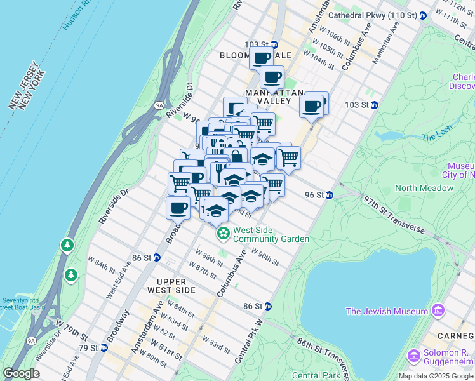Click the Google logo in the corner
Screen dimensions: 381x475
21,373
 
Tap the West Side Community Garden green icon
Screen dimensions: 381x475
223,234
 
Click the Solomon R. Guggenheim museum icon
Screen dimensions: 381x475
414,354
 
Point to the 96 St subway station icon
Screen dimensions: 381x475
330,195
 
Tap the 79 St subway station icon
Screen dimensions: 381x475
104,347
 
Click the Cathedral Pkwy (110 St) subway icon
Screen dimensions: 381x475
422,15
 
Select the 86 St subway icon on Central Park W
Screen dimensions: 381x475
267,306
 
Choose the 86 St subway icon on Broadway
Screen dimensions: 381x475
157,258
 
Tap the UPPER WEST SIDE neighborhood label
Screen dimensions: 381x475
167,286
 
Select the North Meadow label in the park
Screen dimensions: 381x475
424,188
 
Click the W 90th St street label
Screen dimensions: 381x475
265,256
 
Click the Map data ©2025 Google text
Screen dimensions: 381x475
436,376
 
